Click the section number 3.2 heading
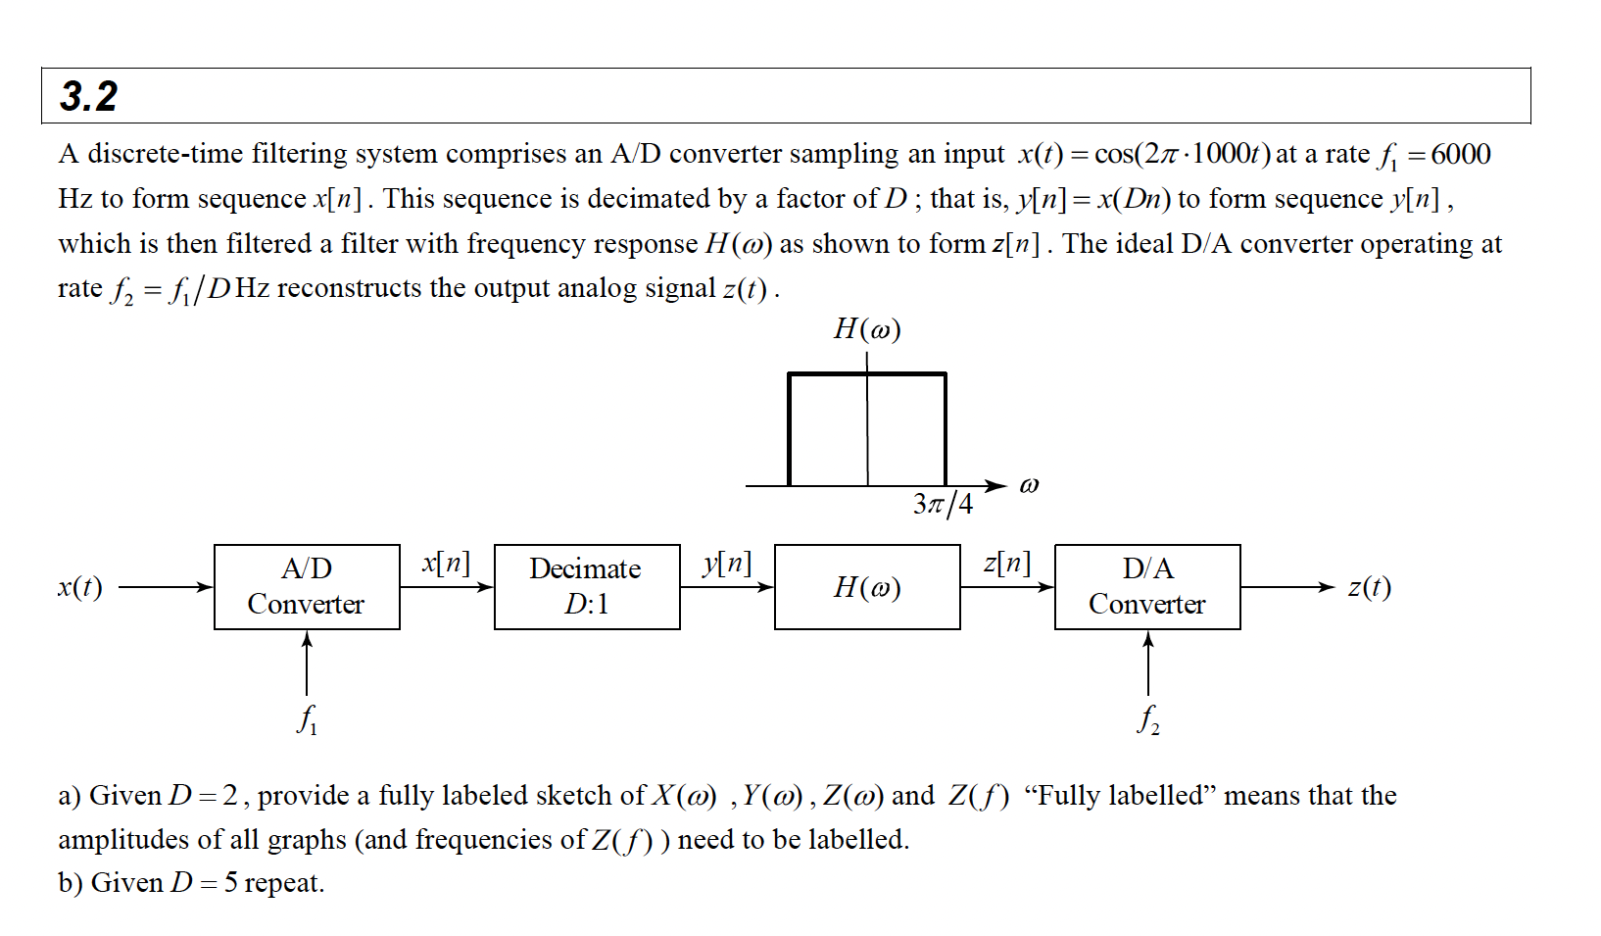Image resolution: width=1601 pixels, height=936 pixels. coord(88,96)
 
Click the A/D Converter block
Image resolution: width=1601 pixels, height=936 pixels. coord(307,586)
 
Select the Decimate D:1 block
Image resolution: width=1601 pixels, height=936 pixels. coord(586,586)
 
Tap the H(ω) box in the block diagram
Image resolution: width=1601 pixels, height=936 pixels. coord(867,586)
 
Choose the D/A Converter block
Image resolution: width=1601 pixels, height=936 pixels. coord(1147,586)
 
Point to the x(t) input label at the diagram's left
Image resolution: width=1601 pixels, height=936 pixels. coord(80,586)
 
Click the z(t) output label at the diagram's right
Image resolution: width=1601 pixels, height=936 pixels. coord(1369,586)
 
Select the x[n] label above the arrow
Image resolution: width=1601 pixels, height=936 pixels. coord(446,563)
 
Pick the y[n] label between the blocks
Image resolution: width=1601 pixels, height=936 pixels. coord(727,563)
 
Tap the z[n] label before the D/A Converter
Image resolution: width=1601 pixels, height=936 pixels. coord(1006,563)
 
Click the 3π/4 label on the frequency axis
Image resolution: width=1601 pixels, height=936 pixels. coord(943,504)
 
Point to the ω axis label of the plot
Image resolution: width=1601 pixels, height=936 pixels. coord(1029,485)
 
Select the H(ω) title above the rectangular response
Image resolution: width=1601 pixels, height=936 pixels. coord(867,328)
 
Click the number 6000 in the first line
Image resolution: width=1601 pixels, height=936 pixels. coord(1461,154)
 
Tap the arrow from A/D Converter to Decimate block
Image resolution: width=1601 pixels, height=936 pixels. coord(447,587)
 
